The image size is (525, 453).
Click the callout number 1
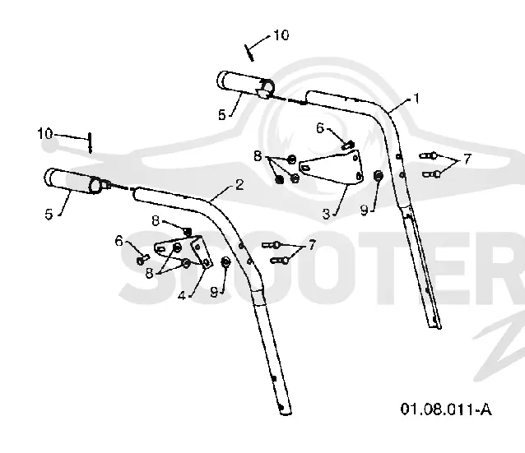(416, 99)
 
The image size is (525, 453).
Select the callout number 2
(239, 185)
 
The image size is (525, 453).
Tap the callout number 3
(326, 214)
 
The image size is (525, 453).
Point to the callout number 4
(182, 295)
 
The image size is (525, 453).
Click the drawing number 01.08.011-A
(446, 409)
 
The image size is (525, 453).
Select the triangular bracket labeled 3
(331, 167)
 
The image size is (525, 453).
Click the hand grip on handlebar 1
(245, 85)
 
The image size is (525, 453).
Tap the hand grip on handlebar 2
(73, 181)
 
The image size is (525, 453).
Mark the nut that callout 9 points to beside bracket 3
(379, 175)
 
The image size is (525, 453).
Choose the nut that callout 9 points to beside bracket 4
(225, 262)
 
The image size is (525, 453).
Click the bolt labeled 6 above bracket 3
(348, 146)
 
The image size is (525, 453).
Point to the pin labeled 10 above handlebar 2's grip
(90, 143)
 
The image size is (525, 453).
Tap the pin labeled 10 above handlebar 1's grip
(249, 53)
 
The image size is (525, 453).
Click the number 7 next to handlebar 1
(467, 158)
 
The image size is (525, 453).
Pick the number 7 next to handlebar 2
(311, 244)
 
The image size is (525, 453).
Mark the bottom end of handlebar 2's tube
(285, 411)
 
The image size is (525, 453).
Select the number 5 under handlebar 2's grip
(49, 214)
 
